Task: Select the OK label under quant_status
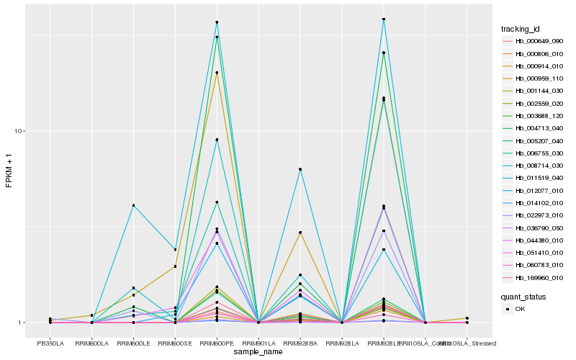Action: pyautogui.click(x=519, y=309)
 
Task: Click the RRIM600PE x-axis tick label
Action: pyautogui.click(x=217, y=343)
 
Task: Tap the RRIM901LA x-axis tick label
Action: pyautogui.click(x=258, y=343)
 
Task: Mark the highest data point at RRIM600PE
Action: pyautogui.click(x=217, y=22)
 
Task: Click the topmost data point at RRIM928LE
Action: pyautogui.click(x=384, y=19)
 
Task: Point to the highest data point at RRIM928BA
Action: pyautogui.click(x=300, y=169)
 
